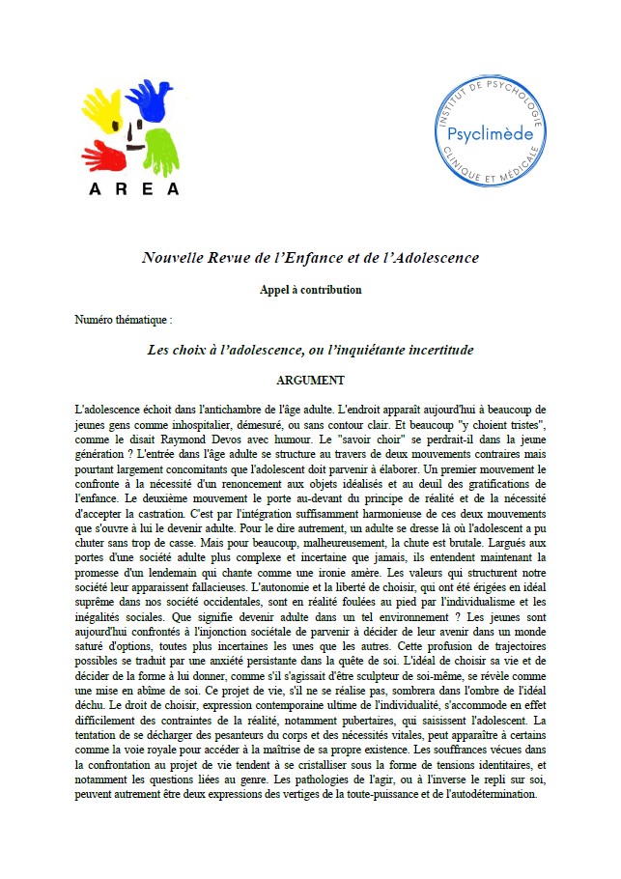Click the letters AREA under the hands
134,189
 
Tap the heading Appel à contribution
310,290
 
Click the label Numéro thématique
123,318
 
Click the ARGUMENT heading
310,380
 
